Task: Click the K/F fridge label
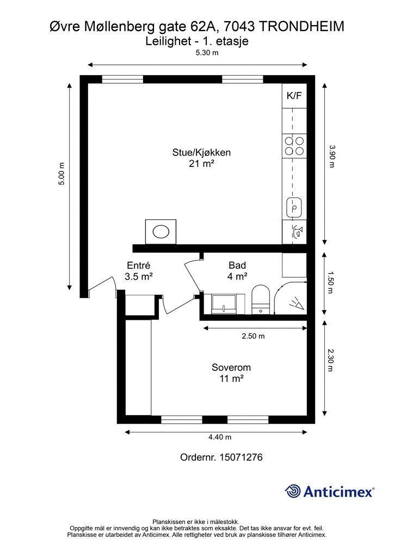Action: pyautogui.click(x=294, y=96)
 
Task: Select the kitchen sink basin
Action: pyautogui.click(x=294, y=207)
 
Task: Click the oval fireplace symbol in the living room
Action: pyautogui.click(x=161, y=232)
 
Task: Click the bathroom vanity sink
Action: pyautogui.click(x=224, y=304)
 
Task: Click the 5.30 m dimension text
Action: pyautogui.click(x=207, y=53)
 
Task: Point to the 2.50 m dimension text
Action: pyautogui.click(x=253, y=336)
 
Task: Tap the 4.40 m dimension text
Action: pyautogui.click(x=220, y=437)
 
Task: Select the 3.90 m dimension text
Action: pyautogui.click(x=332, y=156)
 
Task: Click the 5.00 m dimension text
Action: pyautogui.click(x=62, y=174)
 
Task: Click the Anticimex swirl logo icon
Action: pyautogui.click(x=293, y=491)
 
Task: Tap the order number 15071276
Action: pyautogui.click(x=241, y=457)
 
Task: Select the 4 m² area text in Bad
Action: pyautogui.click(x=237, y=276)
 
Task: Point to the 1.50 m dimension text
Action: pyautogui.click(x=330, y=282)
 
